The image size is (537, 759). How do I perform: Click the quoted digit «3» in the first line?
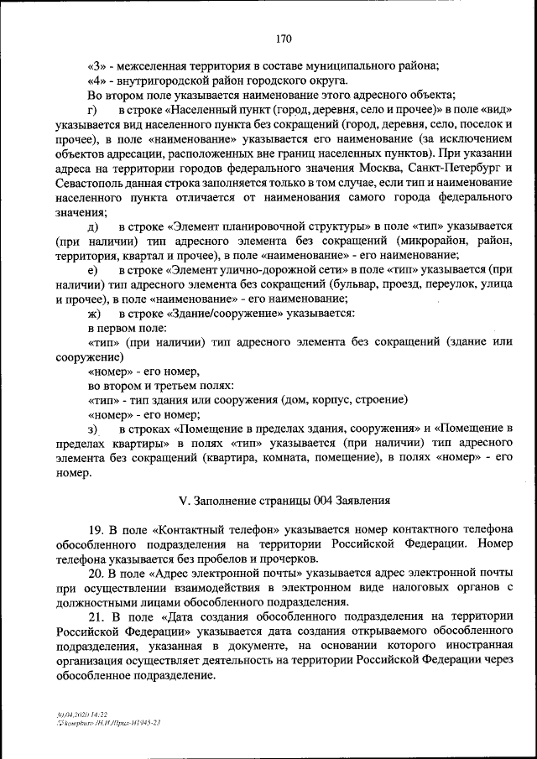[96, 66]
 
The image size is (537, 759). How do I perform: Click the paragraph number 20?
[95, 574]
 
